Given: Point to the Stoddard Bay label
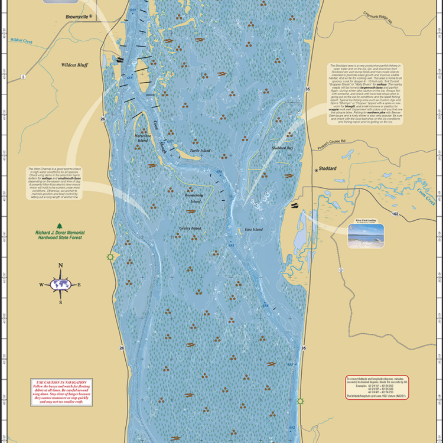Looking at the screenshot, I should [282, 147].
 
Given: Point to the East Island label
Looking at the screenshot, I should [254, 229].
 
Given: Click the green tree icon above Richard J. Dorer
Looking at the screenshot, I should [59, 226].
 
